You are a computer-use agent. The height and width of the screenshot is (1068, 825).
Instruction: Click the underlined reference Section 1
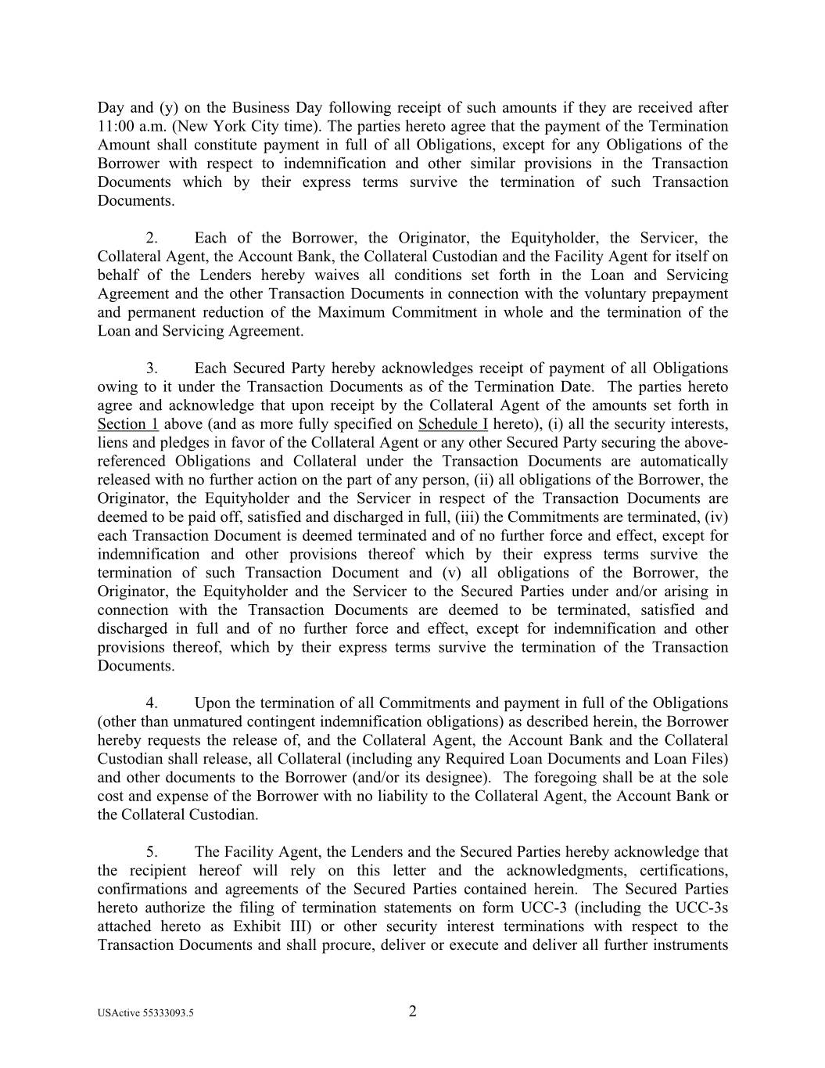click(127, 424)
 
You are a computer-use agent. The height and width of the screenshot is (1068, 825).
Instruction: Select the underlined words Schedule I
click(453, 424)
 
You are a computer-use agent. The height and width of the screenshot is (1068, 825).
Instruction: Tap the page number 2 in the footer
click(413, 1011)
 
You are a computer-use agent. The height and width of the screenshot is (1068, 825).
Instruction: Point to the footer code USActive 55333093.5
click(146, 1012)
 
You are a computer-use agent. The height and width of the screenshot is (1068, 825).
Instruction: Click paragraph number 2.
click(152, 238)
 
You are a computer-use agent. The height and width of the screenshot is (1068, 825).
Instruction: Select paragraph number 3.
click(152, 369)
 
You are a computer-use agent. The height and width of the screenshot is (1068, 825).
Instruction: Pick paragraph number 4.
click(152, 703)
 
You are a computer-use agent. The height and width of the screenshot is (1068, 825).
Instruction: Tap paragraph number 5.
click(152, 852)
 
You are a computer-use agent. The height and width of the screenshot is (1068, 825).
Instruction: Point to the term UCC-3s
click(701, 908)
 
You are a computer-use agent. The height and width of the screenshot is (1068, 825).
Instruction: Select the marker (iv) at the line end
click(718, 517)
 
